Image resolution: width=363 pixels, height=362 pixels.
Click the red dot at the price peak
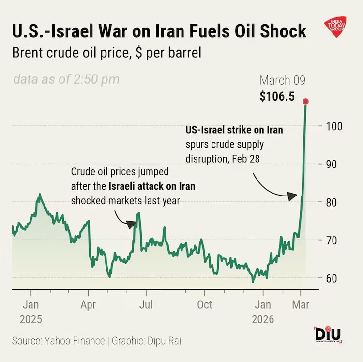305,101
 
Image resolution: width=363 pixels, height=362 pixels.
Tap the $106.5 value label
277,96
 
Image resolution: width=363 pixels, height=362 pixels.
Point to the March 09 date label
283,80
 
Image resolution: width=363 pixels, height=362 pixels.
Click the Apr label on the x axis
88,305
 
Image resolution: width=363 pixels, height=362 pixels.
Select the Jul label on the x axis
146,305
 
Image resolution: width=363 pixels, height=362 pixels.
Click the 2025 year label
31,319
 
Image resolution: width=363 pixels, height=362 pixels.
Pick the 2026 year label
262,319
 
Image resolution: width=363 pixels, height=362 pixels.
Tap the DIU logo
328,335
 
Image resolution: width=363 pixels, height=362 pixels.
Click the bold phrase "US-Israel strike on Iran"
234,130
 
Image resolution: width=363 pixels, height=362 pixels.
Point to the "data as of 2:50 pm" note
66,79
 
